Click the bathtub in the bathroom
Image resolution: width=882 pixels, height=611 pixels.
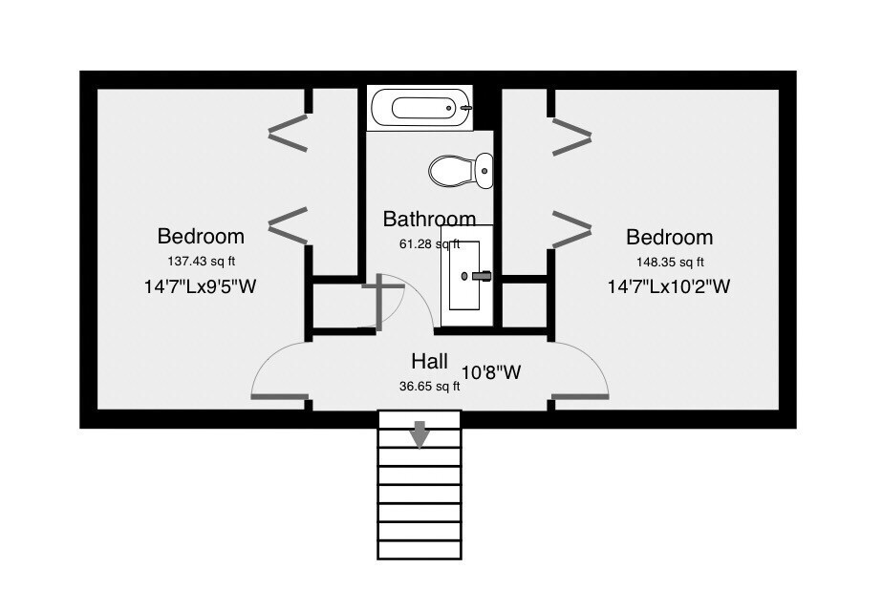point(419,108)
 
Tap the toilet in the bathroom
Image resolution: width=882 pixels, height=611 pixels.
point(461,170)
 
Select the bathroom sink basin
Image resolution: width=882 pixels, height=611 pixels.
point(464,276)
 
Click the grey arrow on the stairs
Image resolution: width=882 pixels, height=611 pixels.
point(419,434)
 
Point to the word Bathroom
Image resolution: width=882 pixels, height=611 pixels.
point(429,219)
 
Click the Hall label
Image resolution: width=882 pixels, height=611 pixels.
point(430,361)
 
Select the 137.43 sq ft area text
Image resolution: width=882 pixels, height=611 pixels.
point(201,262)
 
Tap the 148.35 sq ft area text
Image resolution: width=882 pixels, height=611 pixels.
point(670,262)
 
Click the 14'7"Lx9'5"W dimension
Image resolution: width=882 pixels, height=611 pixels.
point(201,286)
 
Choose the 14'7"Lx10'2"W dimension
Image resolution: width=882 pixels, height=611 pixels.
point(669,286)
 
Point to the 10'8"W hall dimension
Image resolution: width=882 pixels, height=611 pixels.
point(491,372)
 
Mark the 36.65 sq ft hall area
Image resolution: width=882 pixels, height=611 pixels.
point(430,386)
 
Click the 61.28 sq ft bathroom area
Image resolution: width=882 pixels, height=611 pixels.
point(430,244)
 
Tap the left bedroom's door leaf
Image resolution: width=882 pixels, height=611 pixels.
point(280,397)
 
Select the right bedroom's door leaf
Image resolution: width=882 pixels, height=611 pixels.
point(580,397)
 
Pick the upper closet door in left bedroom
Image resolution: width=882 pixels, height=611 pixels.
point(289,134)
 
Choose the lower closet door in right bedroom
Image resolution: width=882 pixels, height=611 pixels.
point(572,229)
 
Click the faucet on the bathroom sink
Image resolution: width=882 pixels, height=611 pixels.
point(482,276)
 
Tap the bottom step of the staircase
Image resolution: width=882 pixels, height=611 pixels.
point(419,550)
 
